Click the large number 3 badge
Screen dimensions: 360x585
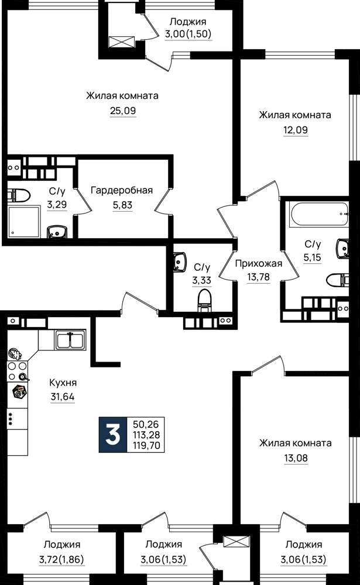113,435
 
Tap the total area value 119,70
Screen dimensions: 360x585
146,445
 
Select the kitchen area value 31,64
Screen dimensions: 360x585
63,397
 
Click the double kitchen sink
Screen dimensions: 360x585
71,339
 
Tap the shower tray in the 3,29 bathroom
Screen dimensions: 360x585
24,222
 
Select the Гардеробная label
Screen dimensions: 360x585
122,190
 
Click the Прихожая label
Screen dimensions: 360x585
258,264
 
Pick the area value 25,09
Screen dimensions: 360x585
123,111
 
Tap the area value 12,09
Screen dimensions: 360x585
296,130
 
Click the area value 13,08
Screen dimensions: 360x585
296,458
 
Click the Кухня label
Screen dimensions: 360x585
63,383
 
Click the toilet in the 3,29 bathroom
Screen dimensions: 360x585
19,194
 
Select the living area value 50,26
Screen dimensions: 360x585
146,424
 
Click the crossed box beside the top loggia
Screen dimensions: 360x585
121,42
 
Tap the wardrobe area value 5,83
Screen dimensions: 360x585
122,205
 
